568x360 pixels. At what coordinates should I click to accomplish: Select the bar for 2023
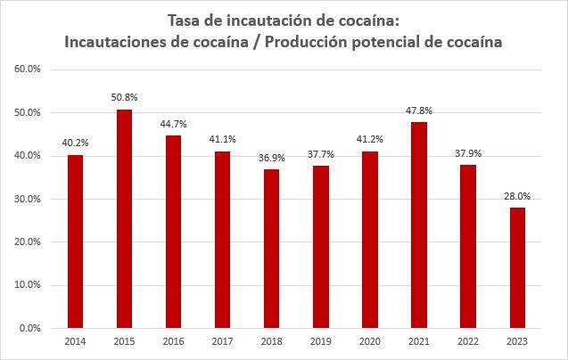click(x=517, y=267)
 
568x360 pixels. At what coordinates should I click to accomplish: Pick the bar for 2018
click(x=271, y=249)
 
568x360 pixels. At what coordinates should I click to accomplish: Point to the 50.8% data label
click(x=124, y=97)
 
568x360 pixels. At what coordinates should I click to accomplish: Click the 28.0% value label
click(x=517, y=195)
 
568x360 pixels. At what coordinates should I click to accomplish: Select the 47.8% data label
click(x=419, y=110)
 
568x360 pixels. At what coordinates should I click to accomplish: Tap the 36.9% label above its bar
click(x=271, y=157)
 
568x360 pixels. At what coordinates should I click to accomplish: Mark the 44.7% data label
click(x=173, y=123)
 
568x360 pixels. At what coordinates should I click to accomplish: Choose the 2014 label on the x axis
click(x=75, y=341)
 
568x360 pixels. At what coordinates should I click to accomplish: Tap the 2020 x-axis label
click(x=370, y=341)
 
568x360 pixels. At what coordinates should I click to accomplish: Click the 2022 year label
click(x=468, y=341)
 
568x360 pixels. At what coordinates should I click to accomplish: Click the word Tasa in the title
click(x=185, y=20)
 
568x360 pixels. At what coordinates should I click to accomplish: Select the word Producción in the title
click(x=317, y=42)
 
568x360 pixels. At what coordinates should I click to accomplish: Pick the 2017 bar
click(x=222, y=240)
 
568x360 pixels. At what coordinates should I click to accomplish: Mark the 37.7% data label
click(x=320, y=153)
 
